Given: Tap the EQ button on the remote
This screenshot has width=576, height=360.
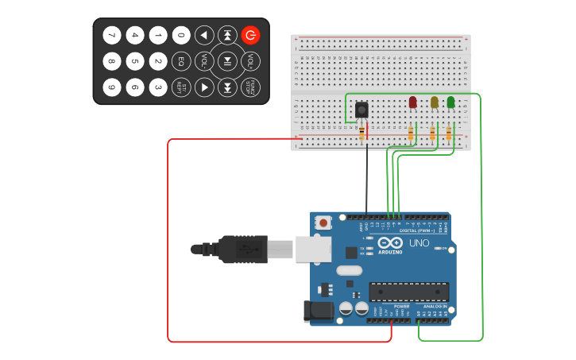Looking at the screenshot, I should point(181,61).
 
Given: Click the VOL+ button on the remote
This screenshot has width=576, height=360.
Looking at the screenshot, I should point(250,61).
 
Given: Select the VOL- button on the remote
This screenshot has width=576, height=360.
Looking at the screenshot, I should point(204,61).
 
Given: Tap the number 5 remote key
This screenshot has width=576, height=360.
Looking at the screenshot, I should point(135,61).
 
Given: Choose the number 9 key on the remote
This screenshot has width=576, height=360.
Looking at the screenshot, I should point(112,87).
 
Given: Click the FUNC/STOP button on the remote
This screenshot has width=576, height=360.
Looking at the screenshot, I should point(250,87).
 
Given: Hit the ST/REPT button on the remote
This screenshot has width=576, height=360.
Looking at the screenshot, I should point(181,87).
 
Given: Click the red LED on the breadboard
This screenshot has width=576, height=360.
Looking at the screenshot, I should point(412,102).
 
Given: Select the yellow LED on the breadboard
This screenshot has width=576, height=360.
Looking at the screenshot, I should point(434,102).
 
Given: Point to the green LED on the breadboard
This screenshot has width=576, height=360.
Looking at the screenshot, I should point(450,102).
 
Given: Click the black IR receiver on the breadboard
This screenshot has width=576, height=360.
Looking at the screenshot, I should point(361,110).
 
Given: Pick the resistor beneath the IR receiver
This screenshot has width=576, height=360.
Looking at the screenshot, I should point(362,132).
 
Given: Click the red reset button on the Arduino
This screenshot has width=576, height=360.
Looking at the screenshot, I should point(323,223).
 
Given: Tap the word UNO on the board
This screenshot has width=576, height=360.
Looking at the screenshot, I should point(418,242).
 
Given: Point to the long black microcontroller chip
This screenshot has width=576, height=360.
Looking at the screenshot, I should point(408,292).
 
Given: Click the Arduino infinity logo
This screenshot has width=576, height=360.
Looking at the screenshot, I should point(390,242).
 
